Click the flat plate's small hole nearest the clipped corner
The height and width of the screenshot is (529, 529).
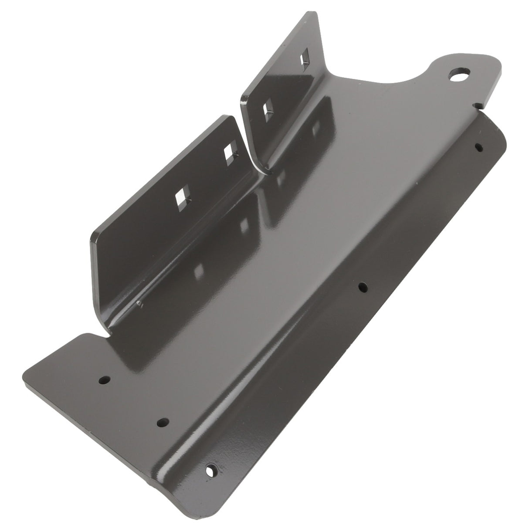(x=104, y=380)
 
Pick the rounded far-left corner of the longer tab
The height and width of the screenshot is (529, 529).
(x=92, y=237)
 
